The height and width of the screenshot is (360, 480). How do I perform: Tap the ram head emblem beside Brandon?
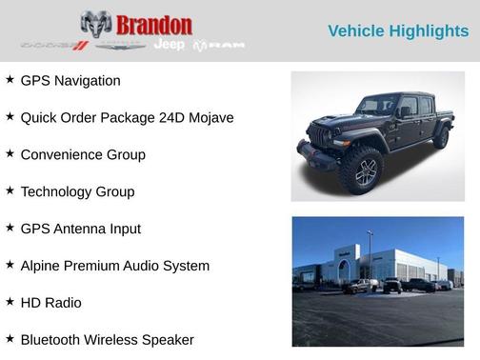click(96, 26)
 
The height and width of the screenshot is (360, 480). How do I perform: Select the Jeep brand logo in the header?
click(170, 45)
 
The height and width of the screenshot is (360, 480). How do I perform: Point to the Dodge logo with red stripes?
click(54, 45)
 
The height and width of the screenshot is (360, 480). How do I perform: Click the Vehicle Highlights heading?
click(398, 31)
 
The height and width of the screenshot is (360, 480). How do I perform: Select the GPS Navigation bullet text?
click(70, 81)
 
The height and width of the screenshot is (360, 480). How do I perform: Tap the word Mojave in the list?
click(210, 118)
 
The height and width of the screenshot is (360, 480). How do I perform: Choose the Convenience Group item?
click(83, 155)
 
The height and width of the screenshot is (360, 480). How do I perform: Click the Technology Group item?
click(77, 192)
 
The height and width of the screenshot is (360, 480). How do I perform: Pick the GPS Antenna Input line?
click(80, 230)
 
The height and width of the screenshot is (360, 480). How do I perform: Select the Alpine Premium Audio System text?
click(115, 267)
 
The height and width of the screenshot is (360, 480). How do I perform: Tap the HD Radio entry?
click(50, 304)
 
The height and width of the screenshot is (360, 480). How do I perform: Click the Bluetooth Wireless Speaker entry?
click(107, 341)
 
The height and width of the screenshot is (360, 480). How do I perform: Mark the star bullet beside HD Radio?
click(10, 302)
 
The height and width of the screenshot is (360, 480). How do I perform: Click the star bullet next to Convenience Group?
click(10, 153)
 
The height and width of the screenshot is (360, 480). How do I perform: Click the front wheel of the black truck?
click(363, 172)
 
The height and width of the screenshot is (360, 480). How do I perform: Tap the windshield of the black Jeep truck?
click(375, 106)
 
